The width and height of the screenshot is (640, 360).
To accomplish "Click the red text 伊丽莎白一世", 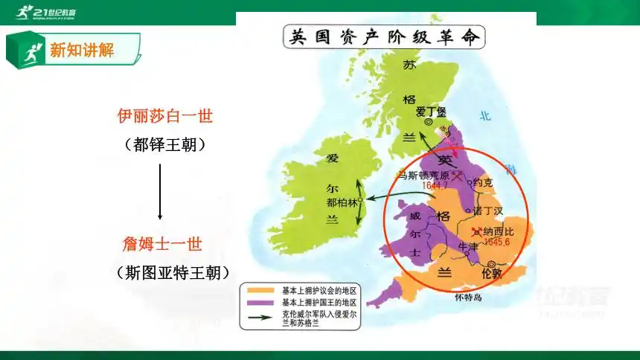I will click(165, 116).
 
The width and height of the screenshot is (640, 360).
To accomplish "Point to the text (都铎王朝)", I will click(164, 144).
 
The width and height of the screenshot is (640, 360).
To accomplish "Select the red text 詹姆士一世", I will click(162, 244).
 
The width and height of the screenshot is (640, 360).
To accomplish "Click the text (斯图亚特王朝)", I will click(172, 273).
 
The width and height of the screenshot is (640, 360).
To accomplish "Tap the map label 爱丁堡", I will click(430, 112).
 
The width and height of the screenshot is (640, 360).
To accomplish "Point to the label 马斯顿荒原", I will click(426, 176).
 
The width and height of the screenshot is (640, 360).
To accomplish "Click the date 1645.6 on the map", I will click(496, 242).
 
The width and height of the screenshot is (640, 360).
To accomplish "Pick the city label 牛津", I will click(467, 245).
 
